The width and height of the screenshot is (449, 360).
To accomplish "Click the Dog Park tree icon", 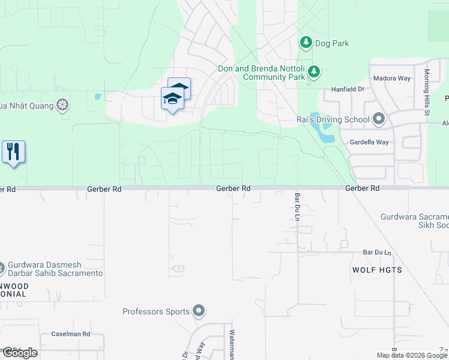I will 306,43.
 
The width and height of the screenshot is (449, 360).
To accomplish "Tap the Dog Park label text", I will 332,43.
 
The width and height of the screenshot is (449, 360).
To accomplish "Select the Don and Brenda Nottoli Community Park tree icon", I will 313,73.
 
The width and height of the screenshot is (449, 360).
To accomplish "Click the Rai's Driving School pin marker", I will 378,119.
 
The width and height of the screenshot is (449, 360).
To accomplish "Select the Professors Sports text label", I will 156,311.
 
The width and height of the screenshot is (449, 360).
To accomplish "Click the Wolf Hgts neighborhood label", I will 377,270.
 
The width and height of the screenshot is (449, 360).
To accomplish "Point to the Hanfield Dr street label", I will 348,89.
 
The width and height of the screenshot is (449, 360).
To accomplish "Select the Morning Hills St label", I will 427,91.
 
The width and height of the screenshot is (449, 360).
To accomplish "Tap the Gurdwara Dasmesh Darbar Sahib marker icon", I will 2,266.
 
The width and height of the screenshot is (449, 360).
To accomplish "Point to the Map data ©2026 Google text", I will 411,355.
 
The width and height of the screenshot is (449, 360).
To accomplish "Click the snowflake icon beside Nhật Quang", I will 61,106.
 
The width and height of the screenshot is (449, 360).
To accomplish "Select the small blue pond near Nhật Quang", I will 97,96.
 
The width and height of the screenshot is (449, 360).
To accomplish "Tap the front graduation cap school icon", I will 172,98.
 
